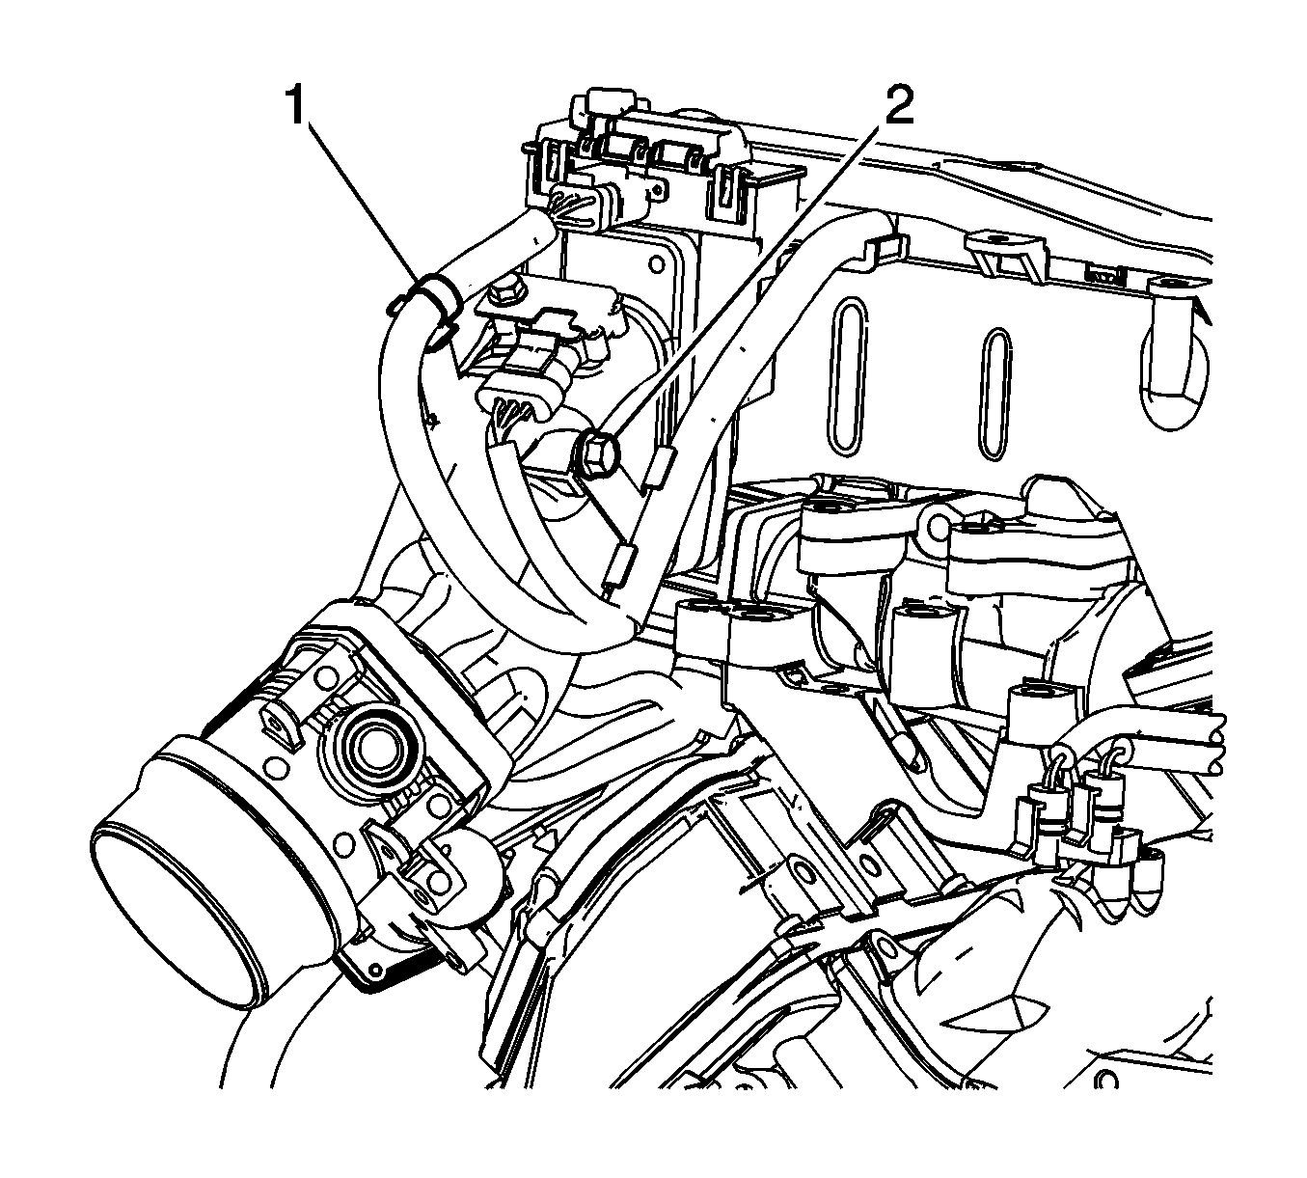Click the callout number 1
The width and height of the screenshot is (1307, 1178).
click(296, 108)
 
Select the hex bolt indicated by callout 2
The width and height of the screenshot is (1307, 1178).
click(596, 453)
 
